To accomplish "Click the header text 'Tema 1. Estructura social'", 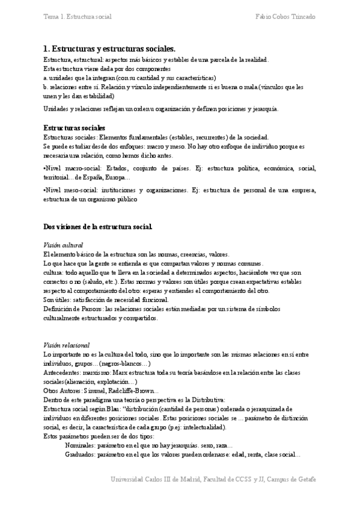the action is pos(78,16).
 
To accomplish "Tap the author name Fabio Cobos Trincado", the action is pos(285,16).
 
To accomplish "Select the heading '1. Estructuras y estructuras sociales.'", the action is pos(109,49).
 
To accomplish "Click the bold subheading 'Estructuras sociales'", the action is pos(75,128).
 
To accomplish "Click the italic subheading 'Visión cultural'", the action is pos(64,245).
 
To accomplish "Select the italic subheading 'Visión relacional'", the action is pos(67,346).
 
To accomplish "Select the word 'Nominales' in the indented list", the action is pos(81,446).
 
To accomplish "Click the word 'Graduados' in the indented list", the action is pos(81,455).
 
